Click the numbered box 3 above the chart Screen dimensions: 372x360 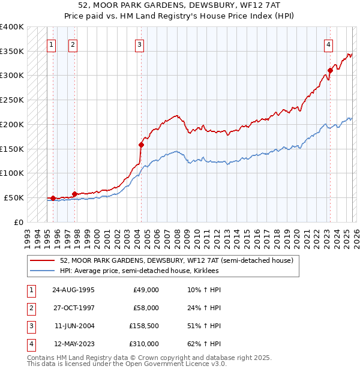(x=139, y=44)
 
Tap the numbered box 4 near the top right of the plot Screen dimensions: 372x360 (x=329, y=44)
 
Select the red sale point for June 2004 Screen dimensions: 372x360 (x=142, y=144)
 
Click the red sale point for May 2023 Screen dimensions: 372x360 (x=330, y=70)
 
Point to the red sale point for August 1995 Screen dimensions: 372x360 (x=53, y=198)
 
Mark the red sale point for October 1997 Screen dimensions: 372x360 (x=74, y=193)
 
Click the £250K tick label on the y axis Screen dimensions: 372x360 (x=11, y=100)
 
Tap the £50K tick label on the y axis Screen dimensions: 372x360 (x=14, y=197)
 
